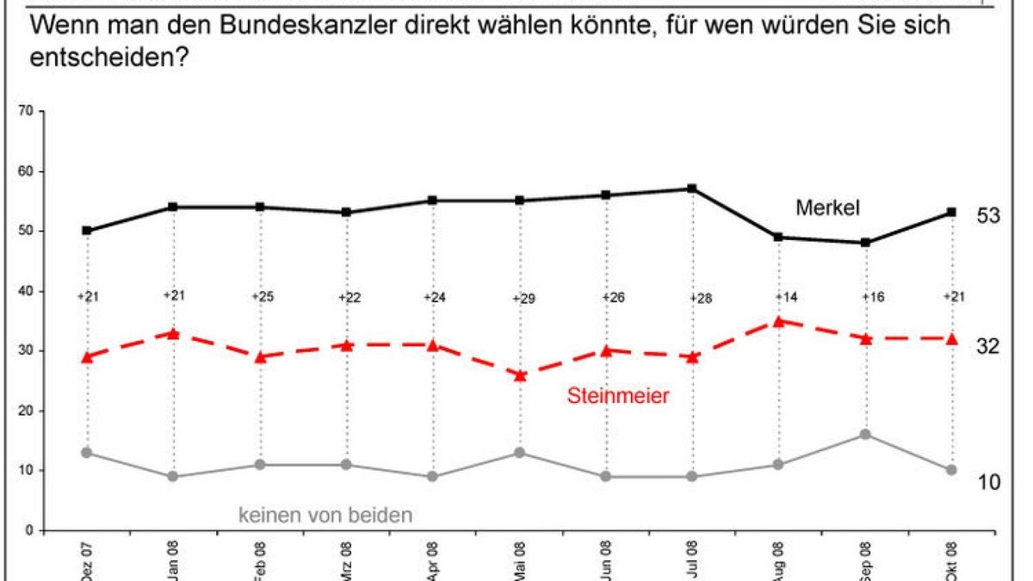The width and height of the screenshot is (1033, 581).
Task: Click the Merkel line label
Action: [828, 207]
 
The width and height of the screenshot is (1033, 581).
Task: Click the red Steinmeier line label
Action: [617, 396]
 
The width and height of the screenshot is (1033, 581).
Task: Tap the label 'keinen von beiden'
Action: [325, 516]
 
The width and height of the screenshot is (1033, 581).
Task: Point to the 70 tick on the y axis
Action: [26, 111]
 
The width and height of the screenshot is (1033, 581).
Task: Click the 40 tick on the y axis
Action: [26, 291]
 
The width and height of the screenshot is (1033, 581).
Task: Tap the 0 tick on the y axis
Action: [29, 530]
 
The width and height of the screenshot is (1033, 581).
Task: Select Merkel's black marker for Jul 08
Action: [692, 189]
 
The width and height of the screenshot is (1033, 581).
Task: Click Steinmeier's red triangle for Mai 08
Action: [519, 375]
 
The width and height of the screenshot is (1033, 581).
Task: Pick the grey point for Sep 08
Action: [865, 435]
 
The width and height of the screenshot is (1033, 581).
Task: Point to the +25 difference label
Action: [261, 297]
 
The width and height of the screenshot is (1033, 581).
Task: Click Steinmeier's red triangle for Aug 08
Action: [778, 321]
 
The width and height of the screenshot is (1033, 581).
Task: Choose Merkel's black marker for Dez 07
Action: [87, 231]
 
